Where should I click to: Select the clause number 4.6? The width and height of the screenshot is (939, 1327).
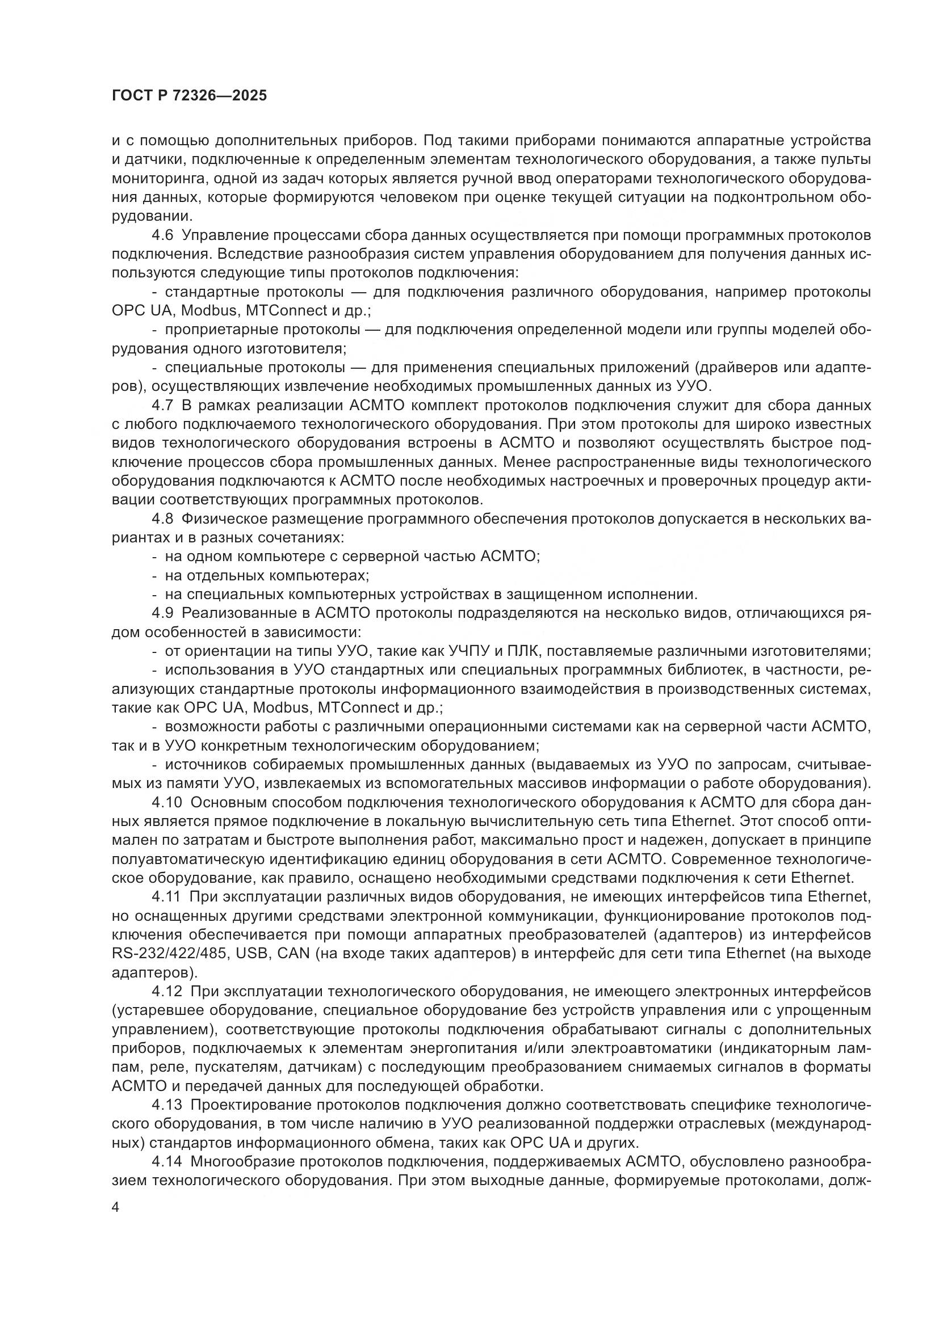pyautogui.click(x=162, y=235)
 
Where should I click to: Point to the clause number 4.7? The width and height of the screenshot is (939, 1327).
pyautogui.click(x=162, y=405)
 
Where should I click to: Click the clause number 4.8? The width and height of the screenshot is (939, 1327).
pyautogui.click(x=162, y=519)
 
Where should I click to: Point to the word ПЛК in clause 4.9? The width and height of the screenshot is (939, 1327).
pyautogui.click(x=523, y=651)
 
